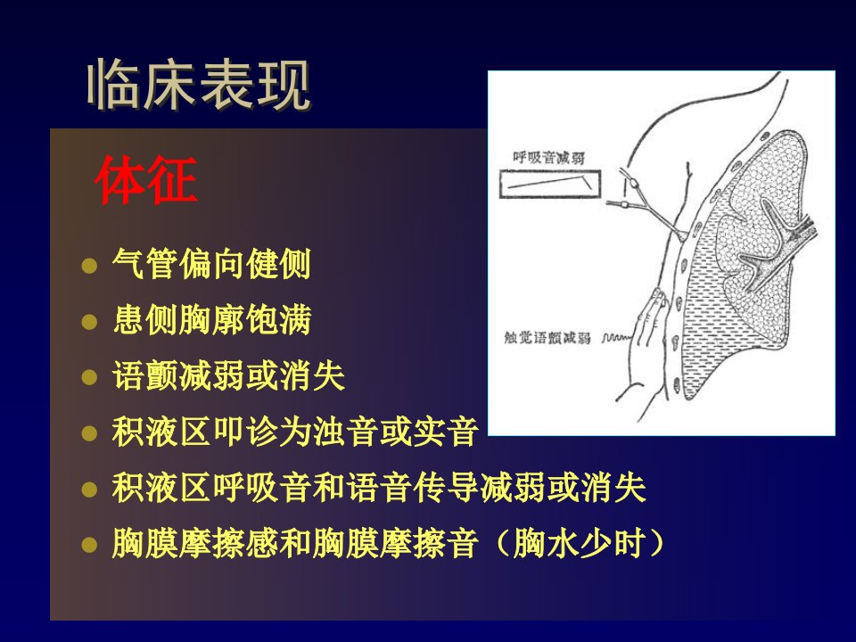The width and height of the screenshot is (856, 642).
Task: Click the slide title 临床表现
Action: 199,85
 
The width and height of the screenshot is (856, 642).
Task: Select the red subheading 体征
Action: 145,179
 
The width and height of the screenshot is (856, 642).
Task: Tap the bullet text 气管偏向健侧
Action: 211,264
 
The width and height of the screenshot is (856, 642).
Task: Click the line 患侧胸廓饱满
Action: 212,319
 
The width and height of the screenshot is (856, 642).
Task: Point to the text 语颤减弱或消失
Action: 228,375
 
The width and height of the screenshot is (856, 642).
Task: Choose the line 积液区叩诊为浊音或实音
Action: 295,432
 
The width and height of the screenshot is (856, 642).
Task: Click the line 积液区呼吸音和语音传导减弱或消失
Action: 379,488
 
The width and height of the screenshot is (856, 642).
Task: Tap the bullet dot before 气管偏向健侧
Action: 89,266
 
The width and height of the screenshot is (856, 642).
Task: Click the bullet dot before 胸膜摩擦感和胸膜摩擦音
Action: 89,544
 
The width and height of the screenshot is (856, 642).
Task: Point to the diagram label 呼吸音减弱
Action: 548,158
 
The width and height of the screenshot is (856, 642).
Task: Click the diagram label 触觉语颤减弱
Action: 547,338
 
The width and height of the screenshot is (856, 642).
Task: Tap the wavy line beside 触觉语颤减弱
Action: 616,338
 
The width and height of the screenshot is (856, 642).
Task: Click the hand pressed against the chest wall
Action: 647,327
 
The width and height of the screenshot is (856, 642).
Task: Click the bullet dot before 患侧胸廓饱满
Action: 89,322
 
